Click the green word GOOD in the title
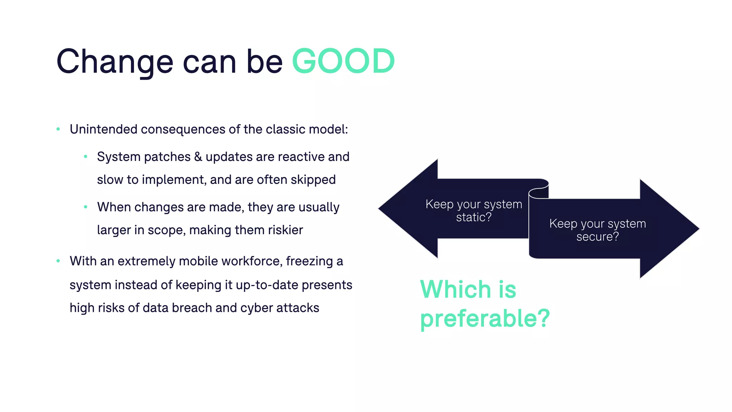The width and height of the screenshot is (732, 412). (x=343, y=62)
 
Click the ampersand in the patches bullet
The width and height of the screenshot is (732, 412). (x=198, y=157)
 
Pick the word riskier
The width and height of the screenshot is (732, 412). (x=286, y=230)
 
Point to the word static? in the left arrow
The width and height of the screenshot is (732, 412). (x=474, y=217)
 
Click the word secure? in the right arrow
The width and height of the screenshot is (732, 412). (x=597, y=237)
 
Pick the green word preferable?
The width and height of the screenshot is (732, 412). (x=485, y=318)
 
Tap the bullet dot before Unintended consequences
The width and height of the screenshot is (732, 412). (x=58, y=129)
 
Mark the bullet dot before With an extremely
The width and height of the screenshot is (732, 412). (x=58, y=261)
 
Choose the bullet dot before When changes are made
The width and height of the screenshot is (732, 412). (x=85, y=207)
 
